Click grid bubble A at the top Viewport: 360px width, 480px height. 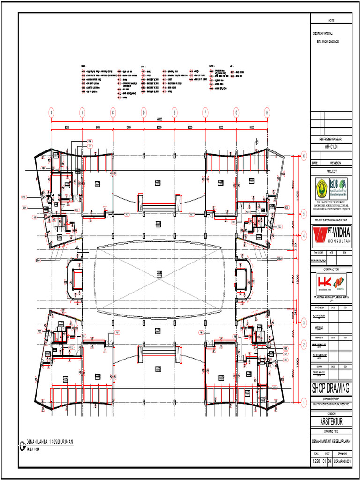tap(52, 112)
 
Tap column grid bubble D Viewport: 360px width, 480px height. tap(144, 112)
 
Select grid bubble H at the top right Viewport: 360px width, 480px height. tap(267, 112)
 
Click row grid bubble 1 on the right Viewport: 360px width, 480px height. tap(304, 402)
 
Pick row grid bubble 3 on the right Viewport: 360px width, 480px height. tap(304, 323)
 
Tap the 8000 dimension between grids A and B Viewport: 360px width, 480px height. tap(67, 127)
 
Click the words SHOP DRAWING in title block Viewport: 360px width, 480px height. tap(331, 388)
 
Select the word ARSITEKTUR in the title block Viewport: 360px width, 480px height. tap(331, 422)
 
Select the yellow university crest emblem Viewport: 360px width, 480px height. tap(322, 186)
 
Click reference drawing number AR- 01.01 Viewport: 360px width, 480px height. tap(331, 147)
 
